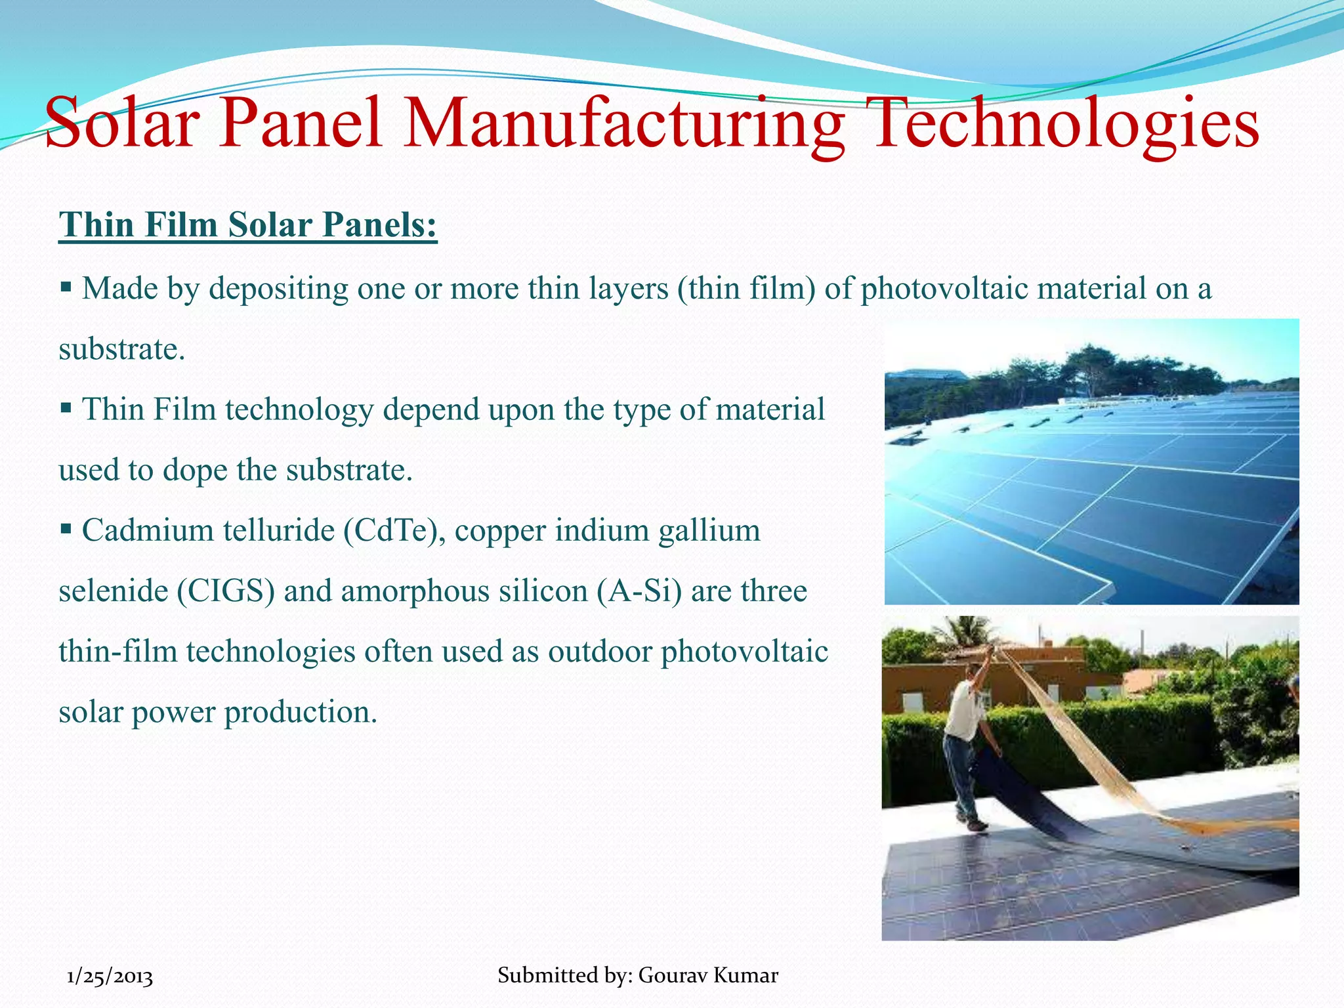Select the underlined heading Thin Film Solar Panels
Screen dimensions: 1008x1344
click(247, 225)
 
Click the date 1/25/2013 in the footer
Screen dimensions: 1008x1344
click(110, 976)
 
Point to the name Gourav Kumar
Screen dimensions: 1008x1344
click(708, 975)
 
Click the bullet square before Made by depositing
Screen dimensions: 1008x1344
click(66, 287)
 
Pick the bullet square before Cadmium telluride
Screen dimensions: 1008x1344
click(66, 528)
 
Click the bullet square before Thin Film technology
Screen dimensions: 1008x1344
click(66, 408)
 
